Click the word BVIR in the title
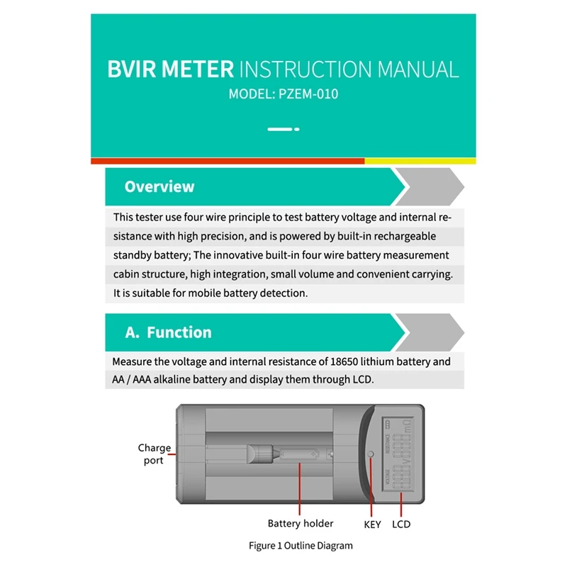pos(135,69)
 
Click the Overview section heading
pos(159,187)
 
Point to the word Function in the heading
pos(179,332)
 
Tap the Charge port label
pos(154,454)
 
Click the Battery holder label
pos(301,524)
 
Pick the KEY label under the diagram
pos(372,524)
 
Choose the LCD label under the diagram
pos(401,524)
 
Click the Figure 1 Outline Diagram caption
pos(301,546)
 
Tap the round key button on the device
pos(371,454)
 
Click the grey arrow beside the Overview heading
pos(430,187)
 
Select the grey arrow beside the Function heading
pos(430,332)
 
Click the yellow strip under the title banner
pos(420,161)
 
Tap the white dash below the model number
pos(279,129)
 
